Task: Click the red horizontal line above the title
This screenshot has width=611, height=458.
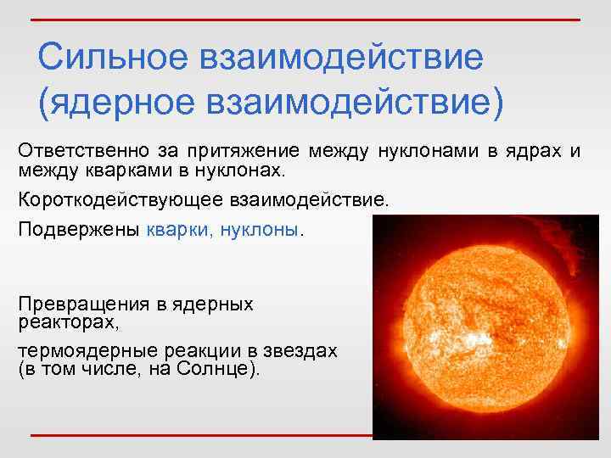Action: [x=305, y=19]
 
